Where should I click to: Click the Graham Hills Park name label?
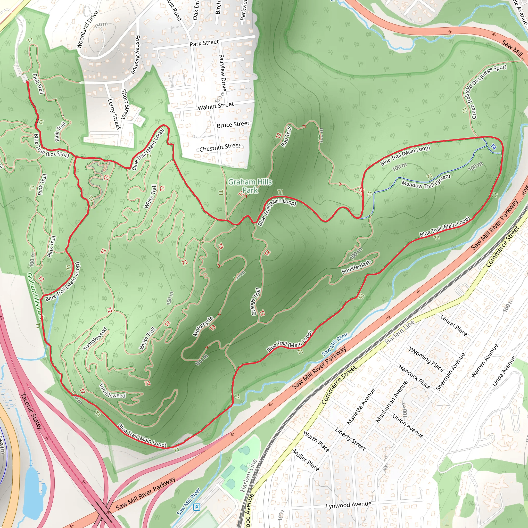point(250,186)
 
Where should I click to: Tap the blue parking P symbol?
point(196,507)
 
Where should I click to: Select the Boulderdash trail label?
point(356,267)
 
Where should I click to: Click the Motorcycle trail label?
point(203,326)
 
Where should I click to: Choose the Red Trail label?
point(286,137)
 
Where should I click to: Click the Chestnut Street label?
point(220,147)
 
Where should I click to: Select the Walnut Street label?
point(216,106)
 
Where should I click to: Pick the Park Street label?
point(204,43)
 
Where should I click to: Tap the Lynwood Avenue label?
point(349,505)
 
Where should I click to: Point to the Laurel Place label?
point(453,325)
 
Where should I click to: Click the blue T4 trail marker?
point(493,147)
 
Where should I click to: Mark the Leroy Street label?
point(114,114)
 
